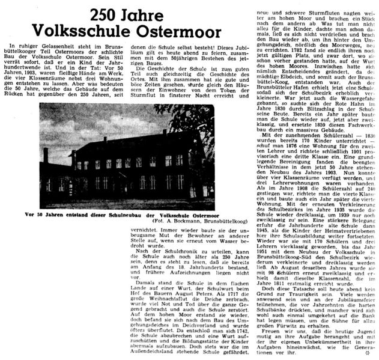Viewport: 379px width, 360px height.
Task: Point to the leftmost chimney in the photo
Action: pos(45,155)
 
